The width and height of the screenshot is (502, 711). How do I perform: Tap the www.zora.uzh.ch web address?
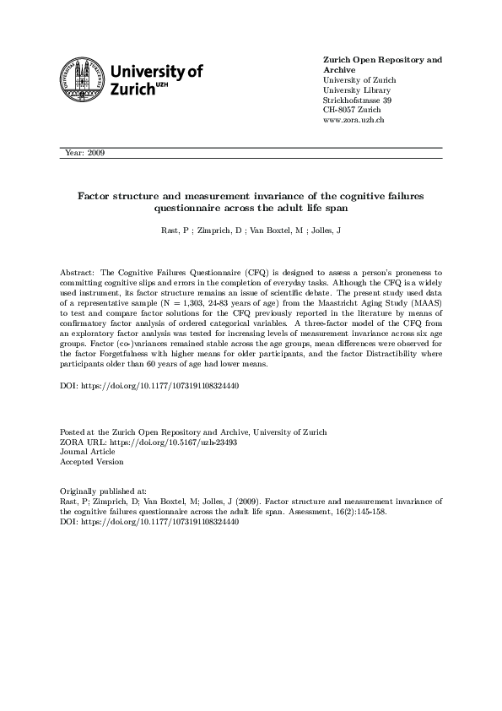coord(354,122)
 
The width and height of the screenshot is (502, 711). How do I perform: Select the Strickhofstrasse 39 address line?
coord(358,100)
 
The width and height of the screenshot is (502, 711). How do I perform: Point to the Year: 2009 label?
coord(84,153)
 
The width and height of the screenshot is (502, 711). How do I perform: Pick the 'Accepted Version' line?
coord(92,462)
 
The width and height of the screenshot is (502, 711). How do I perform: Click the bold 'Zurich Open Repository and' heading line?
coord(383,60)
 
